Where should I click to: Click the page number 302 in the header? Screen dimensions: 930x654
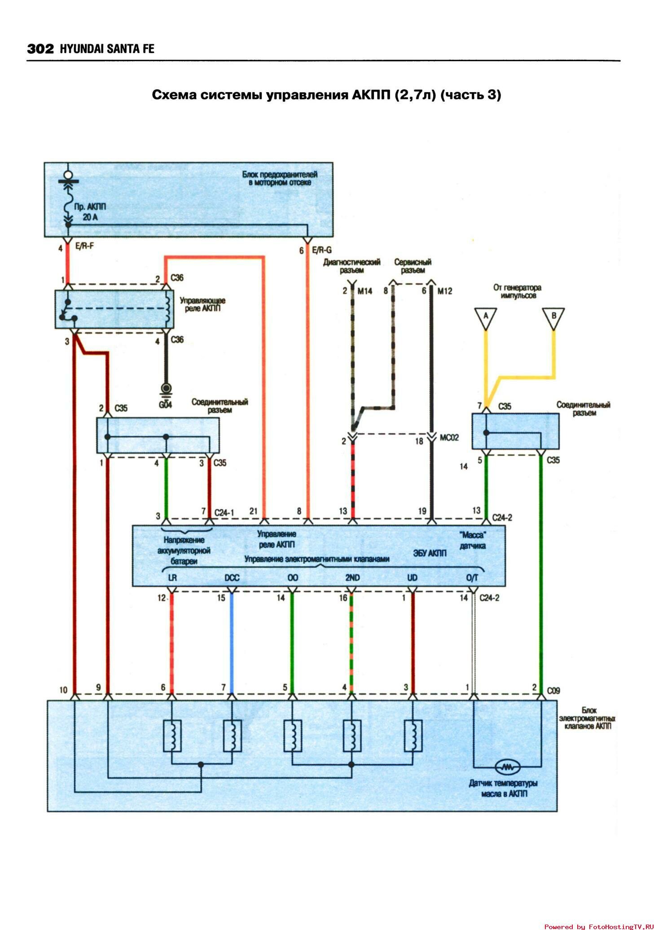(40, 48)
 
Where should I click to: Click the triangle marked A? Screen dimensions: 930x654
(485, 317)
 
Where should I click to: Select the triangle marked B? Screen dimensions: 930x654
(553, 317)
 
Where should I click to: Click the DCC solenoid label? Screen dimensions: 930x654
(232, 577)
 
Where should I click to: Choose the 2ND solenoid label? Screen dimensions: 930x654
(352, 577)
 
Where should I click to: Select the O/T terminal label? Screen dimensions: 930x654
(472, 577)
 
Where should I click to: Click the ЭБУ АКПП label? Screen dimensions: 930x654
(430, 553)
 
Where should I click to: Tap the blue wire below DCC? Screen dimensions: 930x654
(232, 642)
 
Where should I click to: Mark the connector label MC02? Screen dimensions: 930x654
(449, 437)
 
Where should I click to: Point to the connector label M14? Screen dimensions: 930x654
(364, 291)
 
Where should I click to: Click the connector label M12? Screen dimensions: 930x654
(444, 291)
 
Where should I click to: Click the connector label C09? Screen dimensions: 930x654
(553, 691)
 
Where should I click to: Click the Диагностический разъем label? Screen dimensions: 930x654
(351, 266)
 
